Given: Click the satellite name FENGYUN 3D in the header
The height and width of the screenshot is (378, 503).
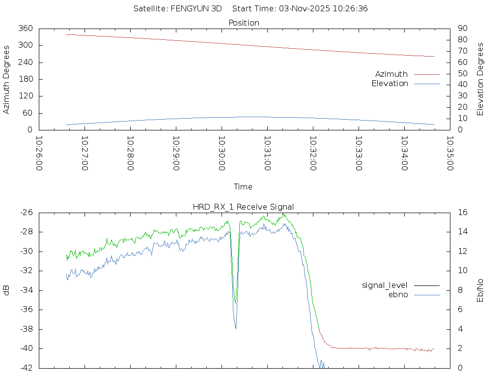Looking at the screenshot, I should [x=196, y=8].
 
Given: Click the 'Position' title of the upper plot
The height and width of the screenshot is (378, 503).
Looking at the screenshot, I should [x=244, y=23].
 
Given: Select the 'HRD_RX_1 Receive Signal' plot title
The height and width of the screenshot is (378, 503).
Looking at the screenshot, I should [x=243, y=207].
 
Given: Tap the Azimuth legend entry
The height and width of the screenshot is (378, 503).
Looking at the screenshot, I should [x=391, y=74].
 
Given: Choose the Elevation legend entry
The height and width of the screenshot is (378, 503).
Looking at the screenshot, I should [x=390, y=84].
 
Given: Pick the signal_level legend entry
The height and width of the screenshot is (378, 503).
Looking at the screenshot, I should [x=385, y=285].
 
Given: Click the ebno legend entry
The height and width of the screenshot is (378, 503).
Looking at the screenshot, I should [x=398, y=295].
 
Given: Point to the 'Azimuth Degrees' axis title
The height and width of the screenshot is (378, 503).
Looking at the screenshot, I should [x=7, y=79].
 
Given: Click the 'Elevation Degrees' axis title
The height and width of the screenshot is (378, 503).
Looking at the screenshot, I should [x=480, y=79].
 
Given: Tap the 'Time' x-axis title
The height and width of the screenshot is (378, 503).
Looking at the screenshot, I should [x=243, y=187].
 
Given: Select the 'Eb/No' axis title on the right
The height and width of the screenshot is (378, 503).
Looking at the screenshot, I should [x=480, y=290].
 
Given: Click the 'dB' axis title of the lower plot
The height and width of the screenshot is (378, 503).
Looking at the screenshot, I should [x=7, y=290].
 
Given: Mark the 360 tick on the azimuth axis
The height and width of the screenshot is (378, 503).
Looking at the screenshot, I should [x=26, y=29].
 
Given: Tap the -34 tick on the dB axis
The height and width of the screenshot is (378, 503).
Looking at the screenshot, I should [x=26, y=290].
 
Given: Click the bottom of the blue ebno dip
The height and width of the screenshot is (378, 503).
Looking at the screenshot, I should [x=236, y=328].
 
